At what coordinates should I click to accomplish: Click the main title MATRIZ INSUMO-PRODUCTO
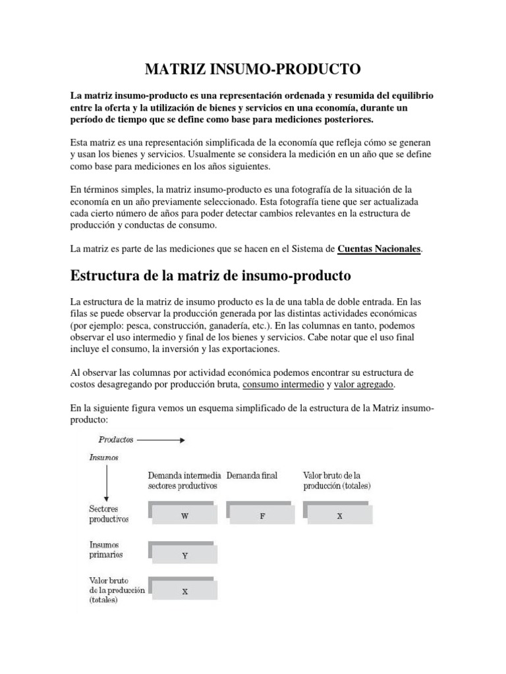point(253,68)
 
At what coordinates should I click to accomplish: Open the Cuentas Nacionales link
point(379,249)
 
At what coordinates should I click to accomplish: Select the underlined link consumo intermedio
point(283,384)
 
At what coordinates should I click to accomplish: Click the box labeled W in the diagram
point(184,516)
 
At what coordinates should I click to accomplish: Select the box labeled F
point(262,516)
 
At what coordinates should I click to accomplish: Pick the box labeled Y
point(184,555)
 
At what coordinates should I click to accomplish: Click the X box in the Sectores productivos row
point(339,516)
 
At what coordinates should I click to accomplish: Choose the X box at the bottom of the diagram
point(184,591)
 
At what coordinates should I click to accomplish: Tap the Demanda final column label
point(252,475)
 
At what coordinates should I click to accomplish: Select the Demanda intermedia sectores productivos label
point(183,480)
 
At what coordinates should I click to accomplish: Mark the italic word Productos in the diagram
point(116,438)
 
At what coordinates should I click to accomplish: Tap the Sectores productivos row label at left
point(109,514)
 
